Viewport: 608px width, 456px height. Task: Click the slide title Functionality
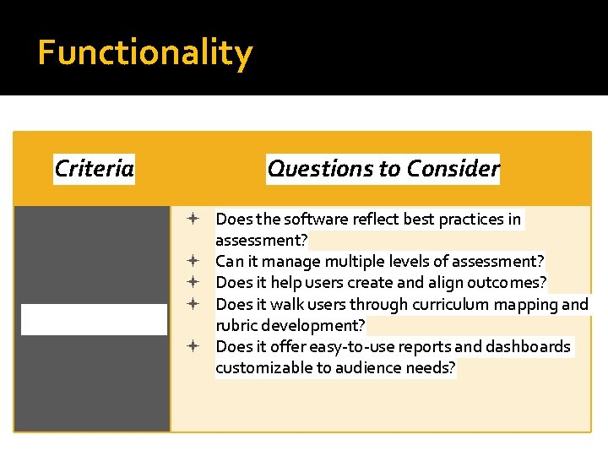[x=144, y=52]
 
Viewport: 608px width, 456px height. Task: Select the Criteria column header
[x=94, y=169]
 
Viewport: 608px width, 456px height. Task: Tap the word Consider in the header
[x=453, y=169]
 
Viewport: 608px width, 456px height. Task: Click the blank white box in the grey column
[x=94, y=319]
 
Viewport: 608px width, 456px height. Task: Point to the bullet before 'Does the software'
[x=193, y=219]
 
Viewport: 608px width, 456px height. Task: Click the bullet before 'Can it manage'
[x=193, y=261]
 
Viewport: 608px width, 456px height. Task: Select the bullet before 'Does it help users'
[x=193, y=282]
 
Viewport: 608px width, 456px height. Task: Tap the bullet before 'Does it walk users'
[x=193, y=303]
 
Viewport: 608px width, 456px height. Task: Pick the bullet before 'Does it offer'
[x=193, y=345]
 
